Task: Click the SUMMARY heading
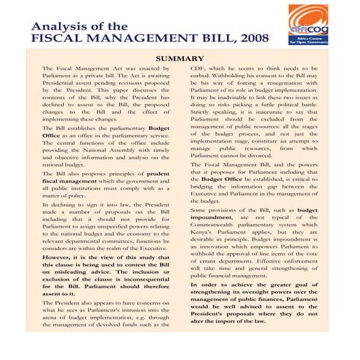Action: pos(179,58)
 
